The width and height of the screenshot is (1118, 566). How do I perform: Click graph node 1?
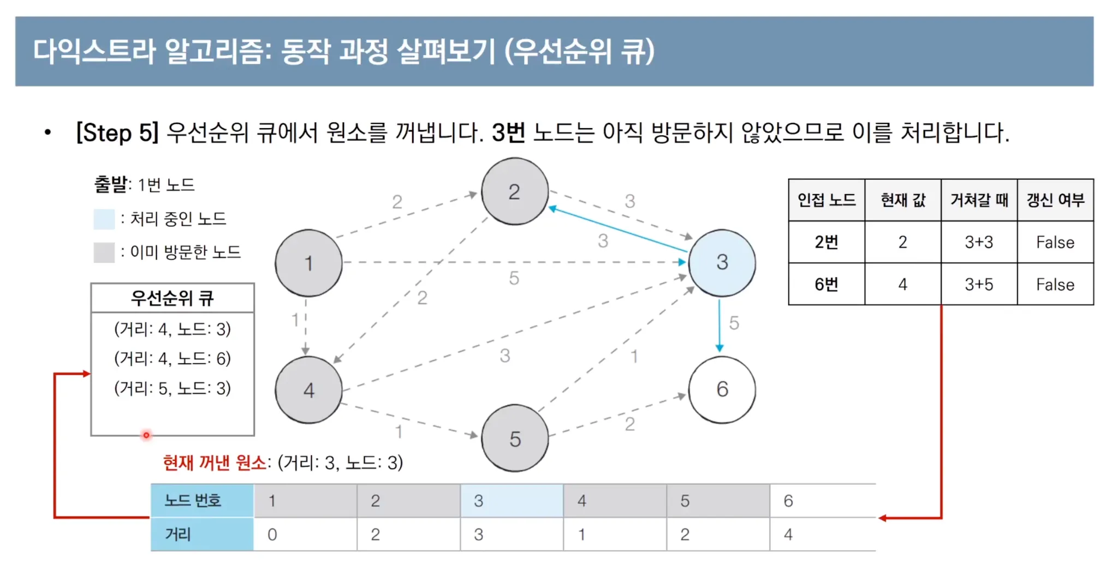[308, 263]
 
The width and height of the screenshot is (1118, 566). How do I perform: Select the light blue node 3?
[722, 262]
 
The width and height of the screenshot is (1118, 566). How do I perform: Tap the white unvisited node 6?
[722, 389]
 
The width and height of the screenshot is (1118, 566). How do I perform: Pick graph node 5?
[515, 438]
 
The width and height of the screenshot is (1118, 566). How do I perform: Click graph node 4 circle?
[308, 390]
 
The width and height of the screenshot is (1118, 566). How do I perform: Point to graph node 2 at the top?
[514, 191]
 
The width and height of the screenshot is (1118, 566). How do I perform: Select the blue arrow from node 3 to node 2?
[617, 229]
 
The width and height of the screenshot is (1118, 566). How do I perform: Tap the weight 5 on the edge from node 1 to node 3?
[514, 278]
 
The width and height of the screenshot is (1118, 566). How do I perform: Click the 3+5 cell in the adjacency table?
[979, 284]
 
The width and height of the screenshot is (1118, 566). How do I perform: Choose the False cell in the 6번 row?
[1055, 284]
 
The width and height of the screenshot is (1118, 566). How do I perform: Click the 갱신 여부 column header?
[1055, 200]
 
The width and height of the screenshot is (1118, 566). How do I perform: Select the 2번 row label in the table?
[826, 242]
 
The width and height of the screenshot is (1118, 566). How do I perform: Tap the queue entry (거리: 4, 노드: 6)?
[173, 358]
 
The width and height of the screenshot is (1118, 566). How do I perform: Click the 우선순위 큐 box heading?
[173, 298]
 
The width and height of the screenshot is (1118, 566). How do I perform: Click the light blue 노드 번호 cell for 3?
[512, 501]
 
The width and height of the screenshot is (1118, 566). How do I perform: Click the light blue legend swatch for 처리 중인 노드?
[104, 219]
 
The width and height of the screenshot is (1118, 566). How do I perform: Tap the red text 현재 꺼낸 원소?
[215, 462]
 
